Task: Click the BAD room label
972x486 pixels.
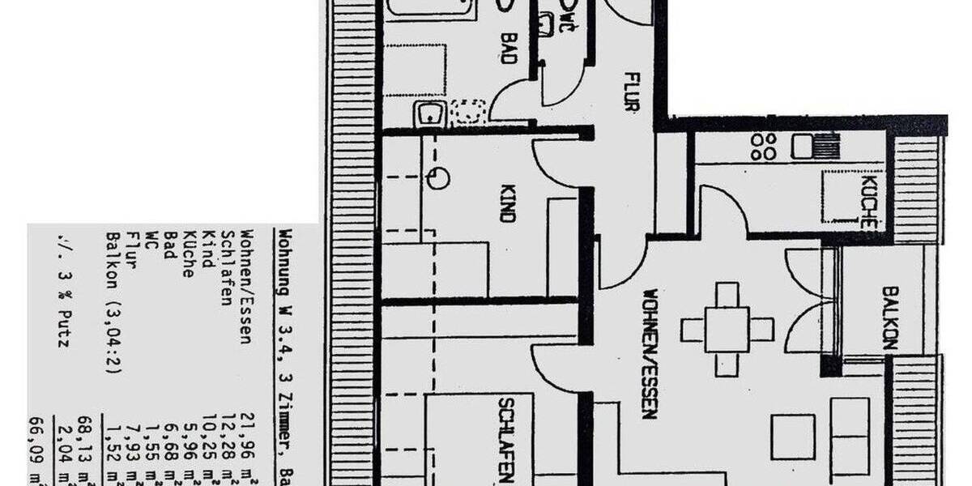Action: pyautogui.click(x=509, y=49)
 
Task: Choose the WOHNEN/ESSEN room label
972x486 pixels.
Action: pyautogui.click(x=650, y=353)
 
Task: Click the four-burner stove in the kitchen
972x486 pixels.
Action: pyautogui.click(x=763, y=146)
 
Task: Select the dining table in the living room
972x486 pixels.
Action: pyautogui.click(x=727, y=329)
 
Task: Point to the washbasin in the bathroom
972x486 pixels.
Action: pyautogui.click(x=429, y=116)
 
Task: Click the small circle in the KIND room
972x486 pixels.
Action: pyautogui.click(x=438, y=178)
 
